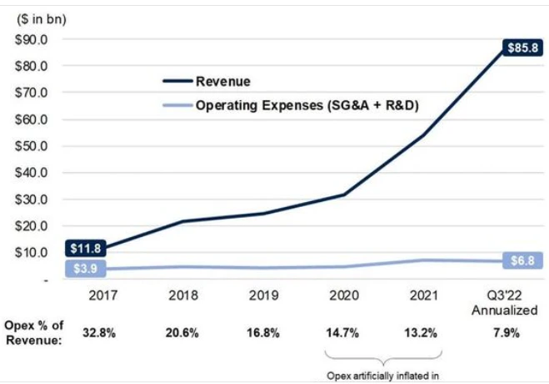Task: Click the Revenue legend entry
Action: point(223,81)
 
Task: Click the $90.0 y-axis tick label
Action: point(31,38)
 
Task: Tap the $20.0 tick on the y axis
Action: point(31,225)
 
